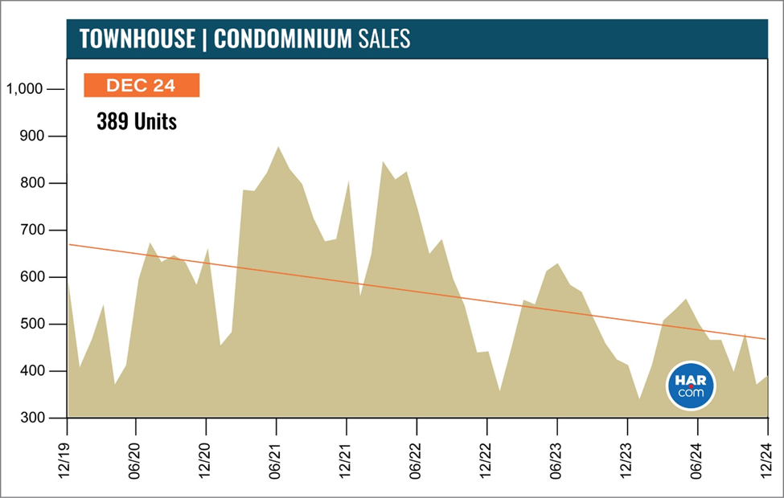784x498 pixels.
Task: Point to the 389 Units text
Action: tap(136, 123)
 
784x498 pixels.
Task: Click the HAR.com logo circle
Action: tap(691, 385)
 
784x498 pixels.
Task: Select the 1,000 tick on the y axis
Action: tap(23, 89)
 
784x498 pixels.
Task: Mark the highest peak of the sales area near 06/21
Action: tap(277, 147)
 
